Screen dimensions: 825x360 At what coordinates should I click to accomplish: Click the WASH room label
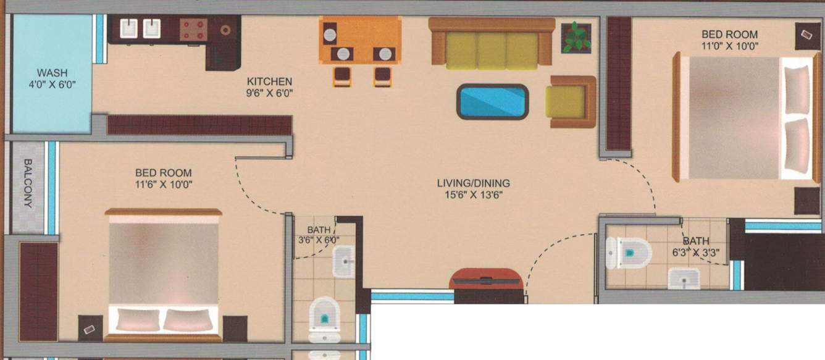52,73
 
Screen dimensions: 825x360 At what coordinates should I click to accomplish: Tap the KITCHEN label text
269,82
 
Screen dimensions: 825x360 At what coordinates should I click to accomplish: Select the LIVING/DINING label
473,183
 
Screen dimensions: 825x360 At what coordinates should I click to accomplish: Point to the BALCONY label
28,183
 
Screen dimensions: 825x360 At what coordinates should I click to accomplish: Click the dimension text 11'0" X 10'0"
730,46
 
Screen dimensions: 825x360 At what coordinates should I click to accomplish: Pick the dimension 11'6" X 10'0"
164,184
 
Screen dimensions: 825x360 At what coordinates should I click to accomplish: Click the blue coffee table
493,101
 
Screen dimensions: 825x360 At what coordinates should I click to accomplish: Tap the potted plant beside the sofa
576,38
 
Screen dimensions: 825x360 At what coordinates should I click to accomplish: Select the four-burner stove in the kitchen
193,30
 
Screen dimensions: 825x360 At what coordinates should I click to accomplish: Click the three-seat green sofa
492,43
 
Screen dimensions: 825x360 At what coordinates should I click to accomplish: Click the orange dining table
360,40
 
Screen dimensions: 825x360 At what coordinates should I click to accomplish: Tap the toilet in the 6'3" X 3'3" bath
629,253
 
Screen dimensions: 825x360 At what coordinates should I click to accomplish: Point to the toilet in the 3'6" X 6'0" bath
324,319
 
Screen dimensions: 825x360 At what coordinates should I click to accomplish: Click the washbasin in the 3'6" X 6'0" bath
343,262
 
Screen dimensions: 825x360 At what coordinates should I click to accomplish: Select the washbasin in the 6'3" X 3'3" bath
684,278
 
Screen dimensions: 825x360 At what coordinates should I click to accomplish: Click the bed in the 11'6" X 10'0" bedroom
164,275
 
